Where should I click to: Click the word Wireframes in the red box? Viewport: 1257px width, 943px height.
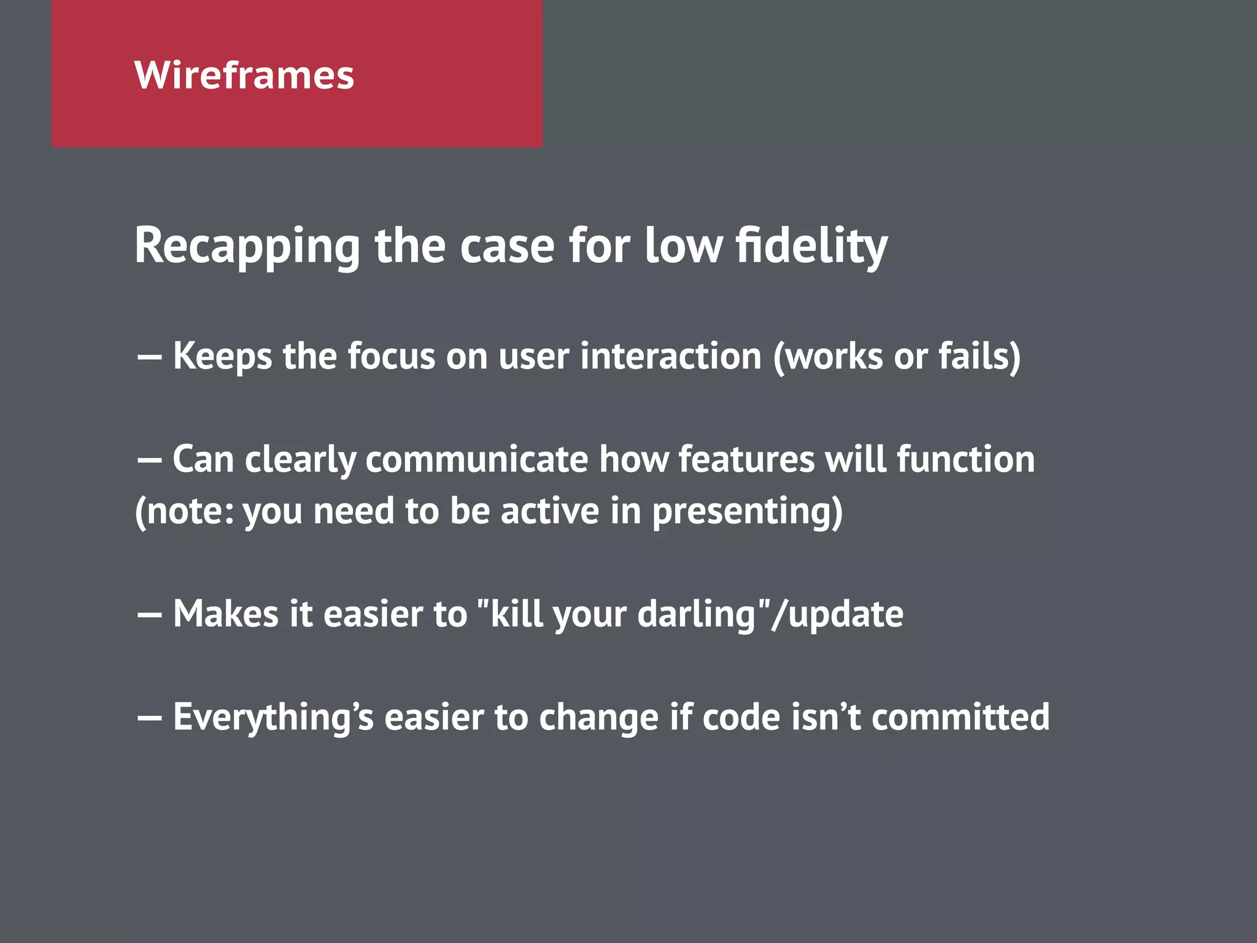pos(244,75)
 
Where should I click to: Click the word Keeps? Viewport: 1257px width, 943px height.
pos(222,356)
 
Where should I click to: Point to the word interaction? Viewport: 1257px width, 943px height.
pos(670,356)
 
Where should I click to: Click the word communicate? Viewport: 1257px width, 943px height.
pos(476,459)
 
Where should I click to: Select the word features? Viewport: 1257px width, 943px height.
pos(746,459)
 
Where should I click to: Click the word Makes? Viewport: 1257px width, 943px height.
pos(225,614)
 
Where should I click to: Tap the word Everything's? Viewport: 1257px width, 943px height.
pos(273,717)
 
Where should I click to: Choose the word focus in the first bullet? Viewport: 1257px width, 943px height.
pos(391,356)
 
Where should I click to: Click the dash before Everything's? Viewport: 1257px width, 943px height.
pos(149,717)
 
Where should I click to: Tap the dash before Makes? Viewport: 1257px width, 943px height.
pos(149,615)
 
